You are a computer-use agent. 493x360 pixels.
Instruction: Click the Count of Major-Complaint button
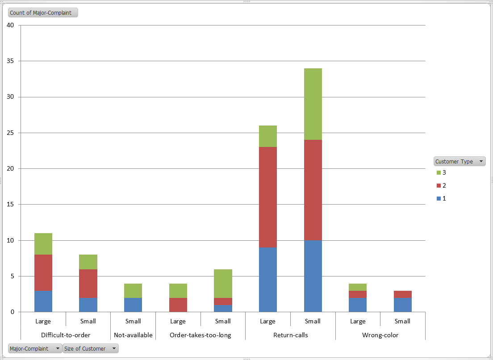click(x=43, y=13)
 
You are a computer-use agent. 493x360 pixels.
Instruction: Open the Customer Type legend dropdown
click(x=480, y=162)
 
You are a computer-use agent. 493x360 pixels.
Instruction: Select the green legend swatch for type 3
click(x=439, y=172)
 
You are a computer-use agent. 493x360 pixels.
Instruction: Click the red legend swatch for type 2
click(x=439, y=185)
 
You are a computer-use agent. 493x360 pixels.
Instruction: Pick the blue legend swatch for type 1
click(x=439, y=198)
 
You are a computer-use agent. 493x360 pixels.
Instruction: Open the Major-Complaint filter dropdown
click(x=57, y=348)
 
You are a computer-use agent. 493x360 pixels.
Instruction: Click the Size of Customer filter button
click(x=91, y=348)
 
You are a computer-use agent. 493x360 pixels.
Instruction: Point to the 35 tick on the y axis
click(x=11, y=61)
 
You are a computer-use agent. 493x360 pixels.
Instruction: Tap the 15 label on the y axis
click(x=11, y=205)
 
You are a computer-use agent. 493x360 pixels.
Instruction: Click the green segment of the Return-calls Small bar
click(x=313, y=104)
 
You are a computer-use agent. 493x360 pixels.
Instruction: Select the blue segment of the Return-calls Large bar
click(x=267, y=280)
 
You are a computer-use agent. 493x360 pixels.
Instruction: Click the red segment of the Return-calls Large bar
click(x=267, y=197)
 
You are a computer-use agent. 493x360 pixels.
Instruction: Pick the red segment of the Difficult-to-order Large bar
click(x=43, y=272)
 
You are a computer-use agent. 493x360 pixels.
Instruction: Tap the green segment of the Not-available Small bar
click(x=133, y=291)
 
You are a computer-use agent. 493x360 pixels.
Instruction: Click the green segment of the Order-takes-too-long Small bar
click(x=223, y=284)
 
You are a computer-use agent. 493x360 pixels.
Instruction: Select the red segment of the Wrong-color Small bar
click(x=402, y=294)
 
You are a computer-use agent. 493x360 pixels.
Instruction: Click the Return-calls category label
click(x=290, y=335)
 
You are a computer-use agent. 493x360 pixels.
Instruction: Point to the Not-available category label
click(x=133, y=335)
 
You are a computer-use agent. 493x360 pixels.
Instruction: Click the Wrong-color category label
click(x=380, y=335)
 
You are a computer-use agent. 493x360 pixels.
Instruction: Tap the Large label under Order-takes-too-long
click(x=178, y=321)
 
